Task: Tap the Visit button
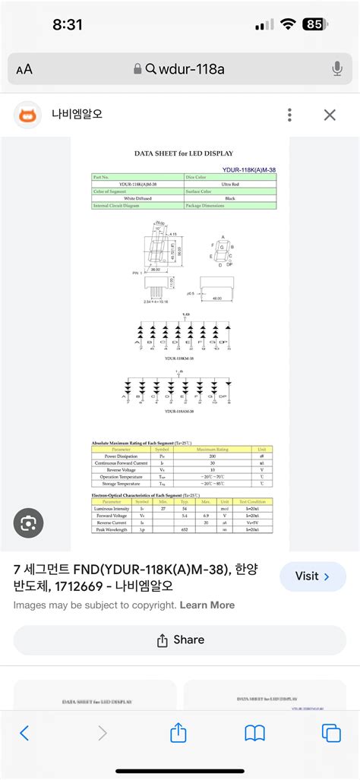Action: pyautogui.click(x=313, y=576)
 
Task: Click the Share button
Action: pyautogui.click(x=180, y=640)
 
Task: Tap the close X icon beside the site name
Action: pyautogui.click(x=330, y=115)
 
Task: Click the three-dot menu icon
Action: pyautogui.click(x=289, y=115)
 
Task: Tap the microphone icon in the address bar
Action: pyautogui.click(x=337, y=69)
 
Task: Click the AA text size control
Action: pyautogui.click(x=24, y=70)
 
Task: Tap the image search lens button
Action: pyautogui.click(x=29, y=523)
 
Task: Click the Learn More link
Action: pyautogui.click(x=207, y=605)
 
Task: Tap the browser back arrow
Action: pyautogui.click(x=25, y=733)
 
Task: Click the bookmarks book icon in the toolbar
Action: pyautogui.click(x=254, y=733)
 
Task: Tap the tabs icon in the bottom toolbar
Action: pyautogui.click(x=331, y=733)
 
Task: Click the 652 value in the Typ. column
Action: pyautogui.click(x=185, y=529)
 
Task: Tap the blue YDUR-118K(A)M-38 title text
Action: pyautogui.click(x=249, y=170)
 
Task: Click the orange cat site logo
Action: pyautogui.click(x=28, y=115)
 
